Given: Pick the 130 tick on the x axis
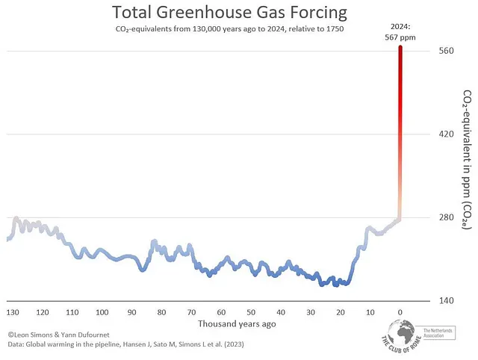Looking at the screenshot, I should pos(13,312).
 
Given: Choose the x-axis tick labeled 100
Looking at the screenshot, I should pos(102,312).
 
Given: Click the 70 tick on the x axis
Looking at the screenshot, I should pos(191,312).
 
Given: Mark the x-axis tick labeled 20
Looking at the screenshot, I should pos(341,312).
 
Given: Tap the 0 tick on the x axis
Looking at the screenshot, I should pos(400,312).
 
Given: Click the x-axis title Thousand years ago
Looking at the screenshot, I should pos(237,324).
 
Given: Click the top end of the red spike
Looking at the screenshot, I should pos(400,48).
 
